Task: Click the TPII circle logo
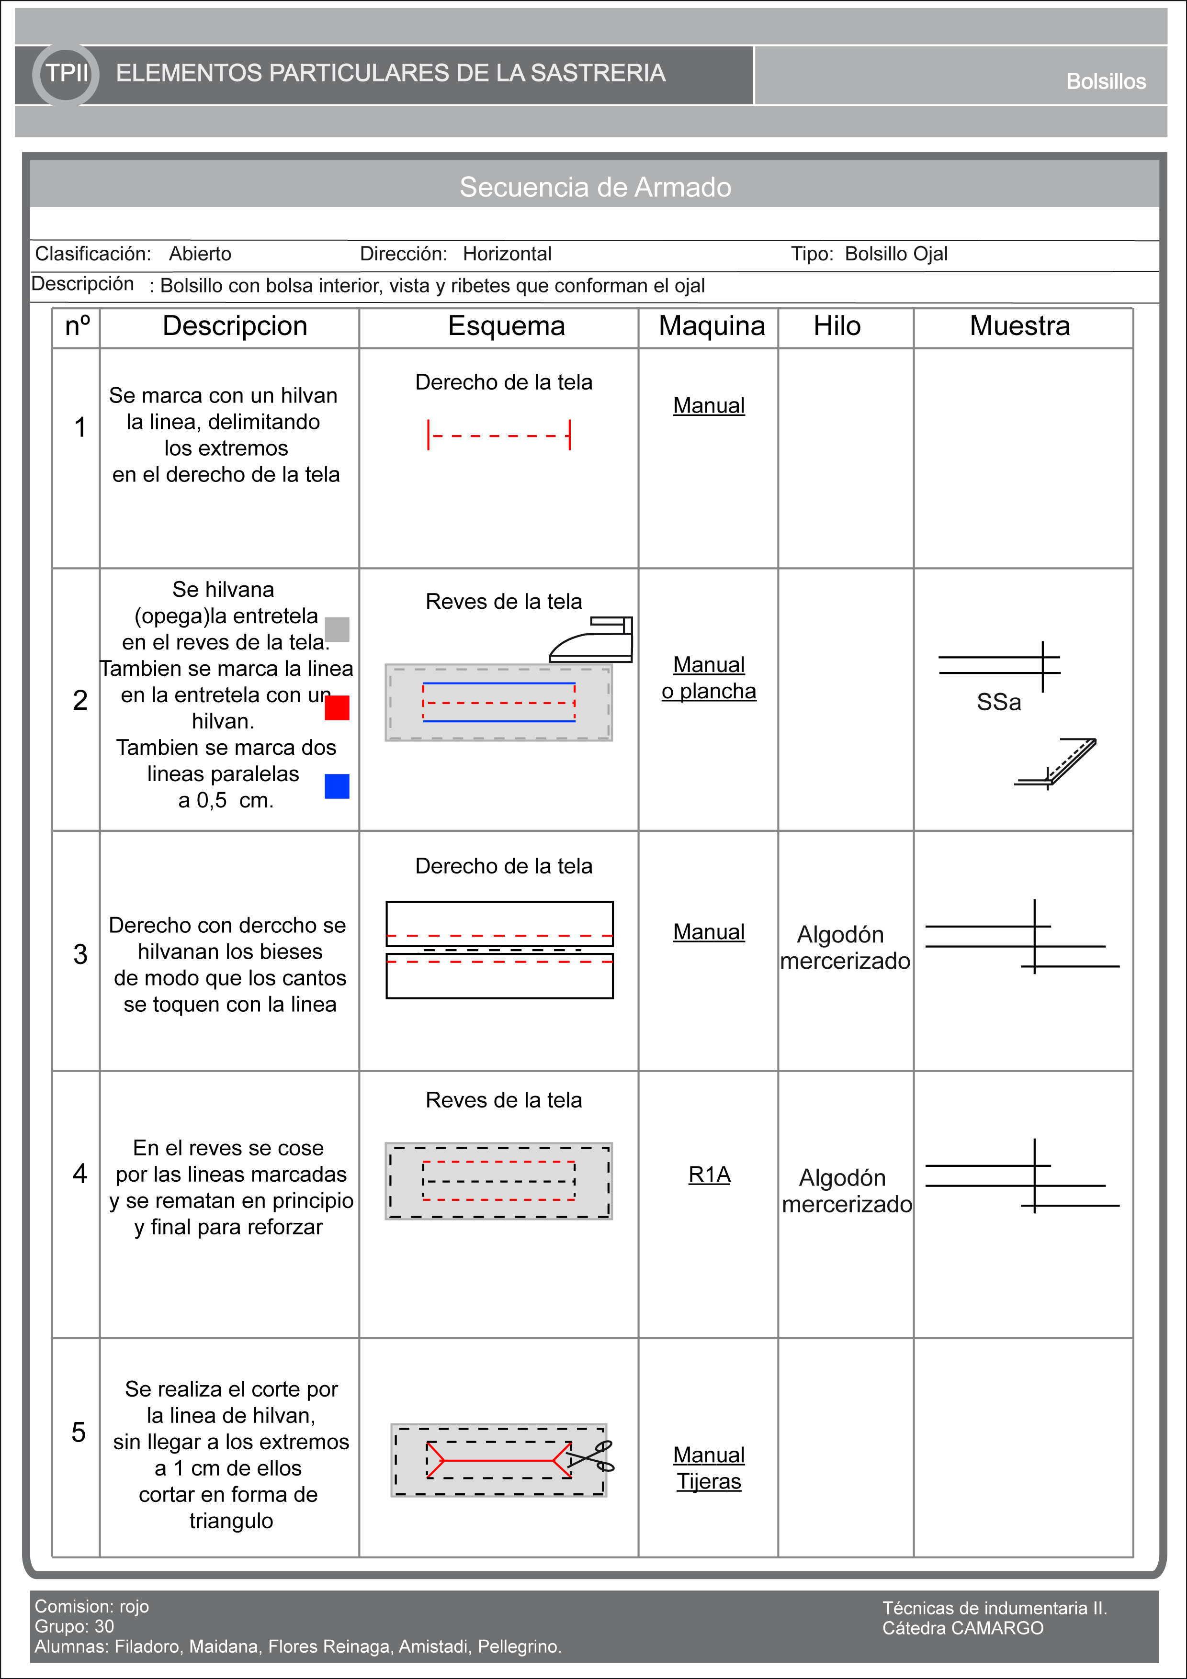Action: click(66, 74)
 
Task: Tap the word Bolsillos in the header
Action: click(1105, 81)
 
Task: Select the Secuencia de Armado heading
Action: click(595, 187)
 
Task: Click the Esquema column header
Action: click(506, 326)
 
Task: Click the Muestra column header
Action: click(1019, 326)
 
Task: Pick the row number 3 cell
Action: click(79, 953)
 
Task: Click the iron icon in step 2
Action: click(592, 640)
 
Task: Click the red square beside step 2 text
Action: click(337, 708)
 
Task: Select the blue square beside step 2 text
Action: click(337, 786)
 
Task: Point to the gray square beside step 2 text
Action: click(337, 629)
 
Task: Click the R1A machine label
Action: click(709, 1175)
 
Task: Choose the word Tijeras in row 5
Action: click(709, 1481)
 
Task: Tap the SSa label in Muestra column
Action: click(998, 702)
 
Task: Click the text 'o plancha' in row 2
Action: click(709, 691)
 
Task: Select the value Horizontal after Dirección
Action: click(507, 254)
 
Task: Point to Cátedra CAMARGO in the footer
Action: click(962, 1628)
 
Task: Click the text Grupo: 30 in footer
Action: click(75, 1626)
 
